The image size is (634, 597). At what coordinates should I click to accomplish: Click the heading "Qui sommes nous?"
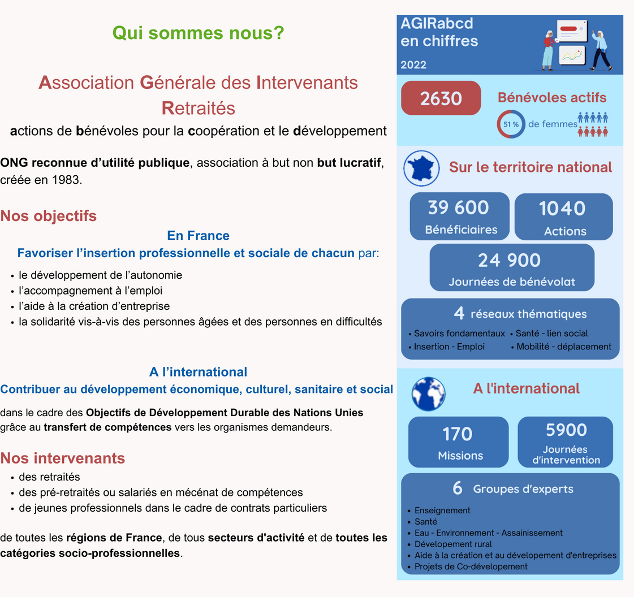(x=198, y=33)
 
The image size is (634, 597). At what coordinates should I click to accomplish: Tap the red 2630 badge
(x=441, y=98)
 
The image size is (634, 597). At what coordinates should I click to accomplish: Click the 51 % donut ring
(x=511, y=124)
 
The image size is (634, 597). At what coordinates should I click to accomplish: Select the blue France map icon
(x=422, y=168)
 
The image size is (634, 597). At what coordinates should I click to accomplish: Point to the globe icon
(x=429, y=393)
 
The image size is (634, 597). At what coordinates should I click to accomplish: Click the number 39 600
(x=458, y=207)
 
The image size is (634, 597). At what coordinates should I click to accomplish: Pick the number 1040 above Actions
(x=562, y=209)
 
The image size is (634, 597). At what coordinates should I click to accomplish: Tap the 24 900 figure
(x=509, y=260)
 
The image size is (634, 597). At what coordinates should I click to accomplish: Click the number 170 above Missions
(x=458, y=434)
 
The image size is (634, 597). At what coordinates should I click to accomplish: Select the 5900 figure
(x=566, y=430)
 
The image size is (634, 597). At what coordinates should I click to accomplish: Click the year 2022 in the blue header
(x=413, y=64)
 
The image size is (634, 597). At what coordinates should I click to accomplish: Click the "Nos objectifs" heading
(x=49, y=216)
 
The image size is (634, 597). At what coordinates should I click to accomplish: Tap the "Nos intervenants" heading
(x=62, y=457)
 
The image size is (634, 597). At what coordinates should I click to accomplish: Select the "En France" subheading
(x=198, y=235)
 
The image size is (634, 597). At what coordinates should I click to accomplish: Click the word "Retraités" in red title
(x=198, y=107)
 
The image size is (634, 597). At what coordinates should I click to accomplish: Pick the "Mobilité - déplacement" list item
(x=564, y=347)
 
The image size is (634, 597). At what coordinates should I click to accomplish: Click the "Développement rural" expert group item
(x=453, y=544)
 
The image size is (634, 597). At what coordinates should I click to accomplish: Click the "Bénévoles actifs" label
(x=552, y=97)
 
